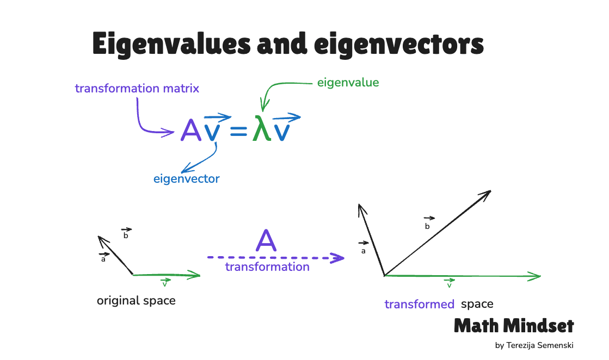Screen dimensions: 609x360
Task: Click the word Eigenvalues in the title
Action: point(171,44)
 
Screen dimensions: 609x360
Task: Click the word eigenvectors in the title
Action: point(399,44)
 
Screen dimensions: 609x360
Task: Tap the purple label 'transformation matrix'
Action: point(137,89)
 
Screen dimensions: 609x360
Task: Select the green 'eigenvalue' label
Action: point(348,83)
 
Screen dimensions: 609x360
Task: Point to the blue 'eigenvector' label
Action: point(187,178)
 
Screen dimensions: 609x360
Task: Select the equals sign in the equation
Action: point(238,131)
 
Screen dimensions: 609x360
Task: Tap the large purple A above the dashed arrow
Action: point(266,240)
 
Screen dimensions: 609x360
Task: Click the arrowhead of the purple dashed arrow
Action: point(337,258)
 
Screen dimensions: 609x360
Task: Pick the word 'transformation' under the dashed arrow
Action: point(267,267)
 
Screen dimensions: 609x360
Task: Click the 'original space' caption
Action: point(136,301)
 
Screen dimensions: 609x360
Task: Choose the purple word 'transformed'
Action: point(420,304)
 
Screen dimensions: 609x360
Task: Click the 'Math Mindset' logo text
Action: point(514,326)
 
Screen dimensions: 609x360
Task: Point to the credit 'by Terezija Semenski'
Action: point(534,345)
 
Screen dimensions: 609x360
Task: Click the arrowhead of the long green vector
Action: point(534,277)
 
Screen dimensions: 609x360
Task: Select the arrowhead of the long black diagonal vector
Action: point(485,195)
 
